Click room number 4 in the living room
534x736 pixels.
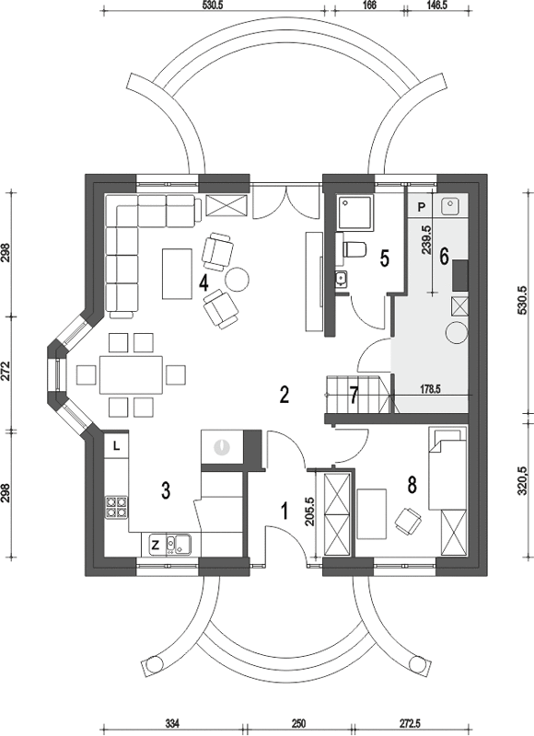click(203, 283)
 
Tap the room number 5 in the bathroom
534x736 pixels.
click(384, 259)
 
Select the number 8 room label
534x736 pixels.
click(412, 486)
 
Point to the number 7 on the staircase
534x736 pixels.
click(354, 395)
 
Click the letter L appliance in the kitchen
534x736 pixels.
click(117, 446)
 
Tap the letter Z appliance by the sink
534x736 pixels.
click(155, 545)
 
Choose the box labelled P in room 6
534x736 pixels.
click(422, 206)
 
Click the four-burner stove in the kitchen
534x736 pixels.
click(117, 508)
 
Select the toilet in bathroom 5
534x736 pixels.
click(354, 249)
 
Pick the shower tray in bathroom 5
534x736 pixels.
click(356, 213)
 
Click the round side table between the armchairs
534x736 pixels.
click(238, 280)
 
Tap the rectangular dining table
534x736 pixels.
click(131, 375)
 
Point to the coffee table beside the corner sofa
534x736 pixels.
click(177, 273)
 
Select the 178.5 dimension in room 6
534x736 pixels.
click(428, 389)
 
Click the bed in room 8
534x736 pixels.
click(447, 469)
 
